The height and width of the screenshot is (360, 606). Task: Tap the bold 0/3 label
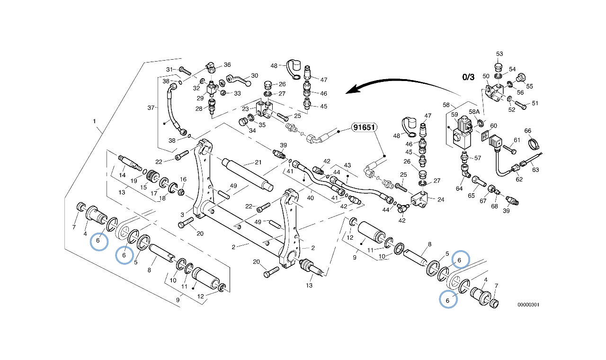click(x=468, y=77)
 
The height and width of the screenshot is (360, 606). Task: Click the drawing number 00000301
click(x=528, y=305)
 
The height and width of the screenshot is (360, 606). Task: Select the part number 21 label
click(x=258, y=162)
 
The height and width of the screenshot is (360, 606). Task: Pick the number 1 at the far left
click(x=95, y=121)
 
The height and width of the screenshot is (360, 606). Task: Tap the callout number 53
click(x=499, y=54)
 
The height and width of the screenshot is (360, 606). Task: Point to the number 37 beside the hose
click(x=151, y=108)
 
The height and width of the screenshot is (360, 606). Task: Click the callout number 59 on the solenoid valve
click(x=454, y=115)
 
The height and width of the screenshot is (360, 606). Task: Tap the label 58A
click(x=474, y=111)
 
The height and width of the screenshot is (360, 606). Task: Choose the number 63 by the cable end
click(x=535, y=169)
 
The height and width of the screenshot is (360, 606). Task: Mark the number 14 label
click(x=122, y=175)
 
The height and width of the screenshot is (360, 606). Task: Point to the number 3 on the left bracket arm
click(x=182, y=215)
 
